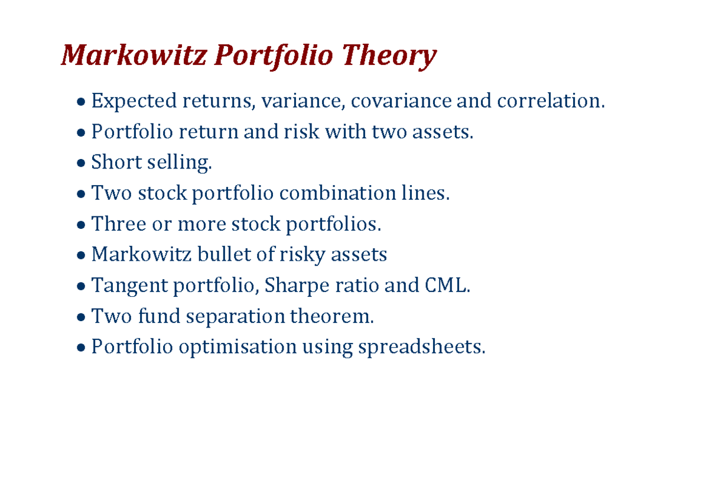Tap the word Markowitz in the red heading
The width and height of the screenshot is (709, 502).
point(134,56)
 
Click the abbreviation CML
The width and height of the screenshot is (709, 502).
point(447,286)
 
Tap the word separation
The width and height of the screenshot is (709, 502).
point(236,317)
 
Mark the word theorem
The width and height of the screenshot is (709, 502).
point(331,316)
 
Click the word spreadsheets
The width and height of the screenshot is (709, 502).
point(421,348)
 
